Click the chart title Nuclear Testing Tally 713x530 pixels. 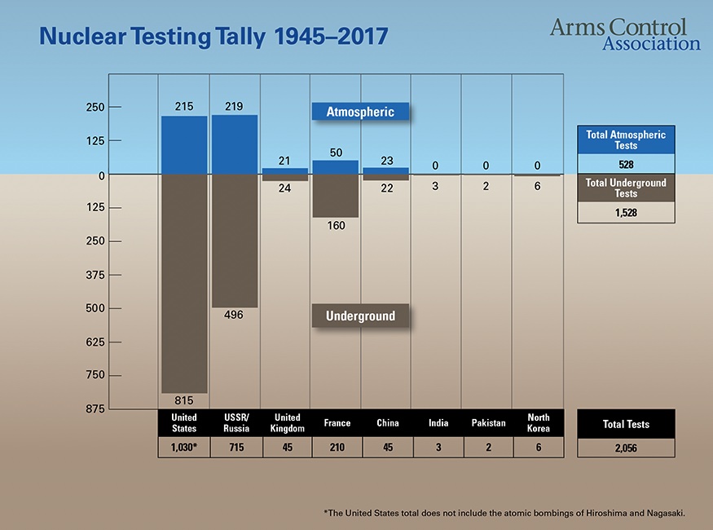click(x=213, y=36)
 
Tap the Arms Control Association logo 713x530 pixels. click(x=624, y=33)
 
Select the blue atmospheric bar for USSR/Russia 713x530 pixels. click(x=235, y=144)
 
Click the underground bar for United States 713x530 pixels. click(x=184, y=284)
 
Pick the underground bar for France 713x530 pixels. click(x=336, y=196)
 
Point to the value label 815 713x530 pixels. click(x=184, y=400)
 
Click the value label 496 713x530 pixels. click(x=235, y=315)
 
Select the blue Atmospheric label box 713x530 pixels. click(x=360, y=112)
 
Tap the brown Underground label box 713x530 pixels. click(x=360, y=316)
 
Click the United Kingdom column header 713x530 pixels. click(x=286, y=423)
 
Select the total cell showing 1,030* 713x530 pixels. click(x=184, y=448)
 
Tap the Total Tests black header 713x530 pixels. click(x=625, y=424)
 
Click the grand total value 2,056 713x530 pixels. click(x=625, y=448)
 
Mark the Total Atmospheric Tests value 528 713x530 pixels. click(x=625, y=165)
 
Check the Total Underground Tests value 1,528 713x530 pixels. click(x=625, y=212)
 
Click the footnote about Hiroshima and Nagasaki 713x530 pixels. click(x=504, y=513)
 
